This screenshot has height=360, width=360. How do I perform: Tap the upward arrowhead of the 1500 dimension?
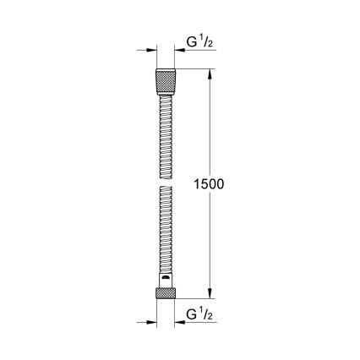(212, 74)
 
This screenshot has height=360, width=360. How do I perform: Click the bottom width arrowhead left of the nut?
(150, 322)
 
